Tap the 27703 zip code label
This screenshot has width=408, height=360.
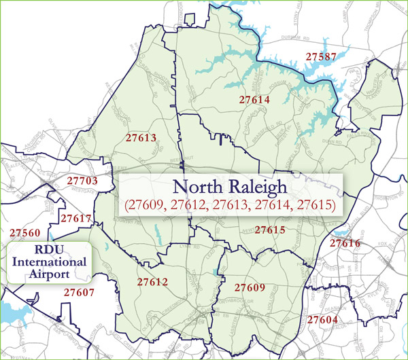tap(83, 181)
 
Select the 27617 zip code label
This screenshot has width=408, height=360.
tap(76, 219)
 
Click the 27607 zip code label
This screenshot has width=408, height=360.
tap(79, 293)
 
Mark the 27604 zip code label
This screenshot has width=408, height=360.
tap(322, 319)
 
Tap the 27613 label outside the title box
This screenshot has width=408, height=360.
tap(141, 138)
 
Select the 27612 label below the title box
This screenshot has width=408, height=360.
tap(152, 281)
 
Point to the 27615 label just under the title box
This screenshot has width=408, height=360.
tap(270, 230)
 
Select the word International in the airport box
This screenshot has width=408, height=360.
tap(47, 262)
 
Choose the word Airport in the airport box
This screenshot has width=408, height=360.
tap(47, 274)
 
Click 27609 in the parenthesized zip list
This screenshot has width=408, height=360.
tap(146, 204)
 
